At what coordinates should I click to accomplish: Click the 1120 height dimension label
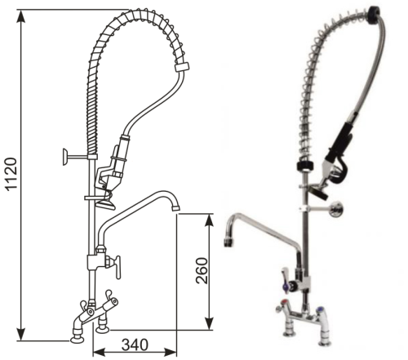coord(12,174)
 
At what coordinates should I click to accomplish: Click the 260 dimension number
coord(202,271)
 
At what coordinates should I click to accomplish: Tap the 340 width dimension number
coord(135,345)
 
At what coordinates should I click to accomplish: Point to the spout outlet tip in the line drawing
coord(175,208)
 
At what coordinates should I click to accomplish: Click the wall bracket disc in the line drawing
coord(64,157)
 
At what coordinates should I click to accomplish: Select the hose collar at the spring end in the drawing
coord(182,67)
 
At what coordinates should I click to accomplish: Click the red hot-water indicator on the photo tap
coord(285,302)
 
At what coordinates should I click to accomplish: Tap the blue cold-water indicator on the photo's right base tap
coord(319,309)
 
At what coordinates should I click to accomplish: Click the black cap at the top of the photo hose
coord(374,14)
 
